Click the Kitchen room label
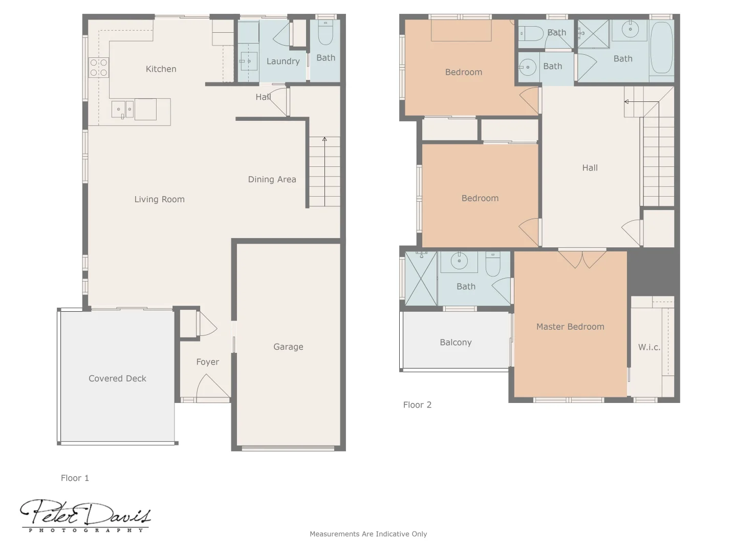point(161,69)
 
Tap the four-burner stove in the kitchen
point(99,68)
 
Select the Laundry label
point(283,61)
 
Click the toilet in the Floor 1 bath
point(326,33)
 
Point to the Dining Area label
point(272,180)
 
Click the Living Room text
point(159,200)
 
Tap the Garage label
point(288,347)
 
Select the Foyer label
point(207,362)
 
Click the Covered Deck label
point(117,379)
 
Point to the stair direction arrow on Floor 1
point(324,139)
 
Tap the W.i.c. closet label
point(649,347)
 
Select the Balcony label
point(456,343)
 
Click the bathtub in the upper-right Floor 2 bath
point(661,48)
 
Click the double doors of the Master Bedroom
point(582,259)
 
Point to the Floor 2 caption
point(417,405)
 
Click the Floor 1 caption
point(75,478)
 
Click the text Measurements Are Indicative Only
point(368,534)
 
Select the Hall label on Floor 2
point(590,168)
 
